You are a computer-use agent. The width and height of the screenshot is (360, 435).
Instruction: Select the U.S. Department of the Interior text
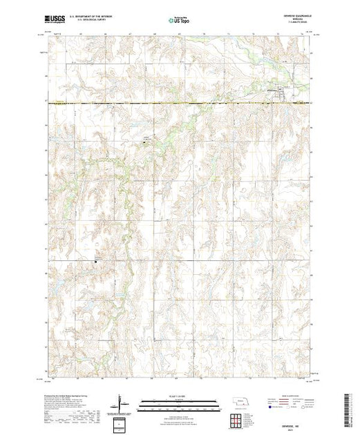91,18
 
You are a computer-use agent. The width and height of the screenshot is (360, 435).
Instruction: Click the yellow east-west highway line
173,104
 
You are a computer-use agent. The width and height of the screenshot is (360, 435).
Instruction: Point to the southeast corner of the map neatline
305,379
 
